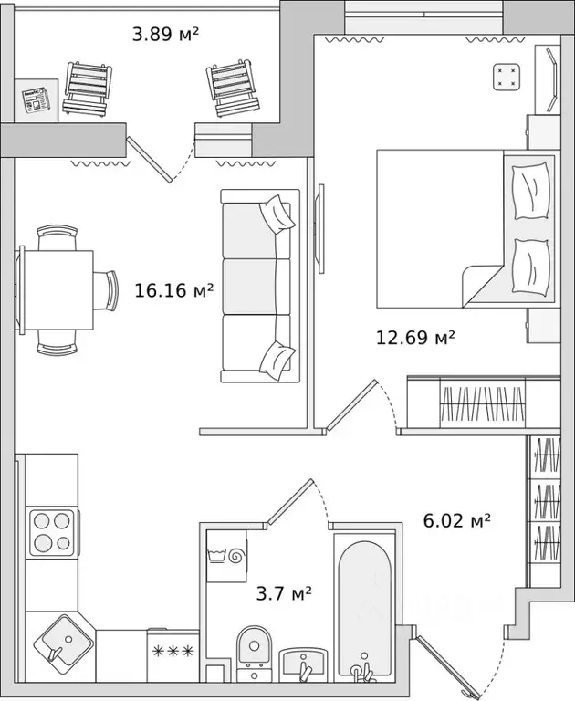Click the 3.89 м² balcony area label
[x=165, y=35]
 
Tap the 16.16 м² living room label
[x=173, y=291]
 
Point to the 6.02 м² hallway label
[x=456, y=520]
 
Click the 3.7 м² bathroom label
[x=284, y=594]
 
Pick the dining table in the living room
[x=57, y=289]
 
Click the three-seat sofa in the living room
[x=257, y=286]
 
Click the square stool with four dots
[x=507, y=78]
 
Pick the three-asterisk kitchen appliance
[x=171, y=651]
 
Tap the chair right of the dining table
[x=108, y=290]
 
